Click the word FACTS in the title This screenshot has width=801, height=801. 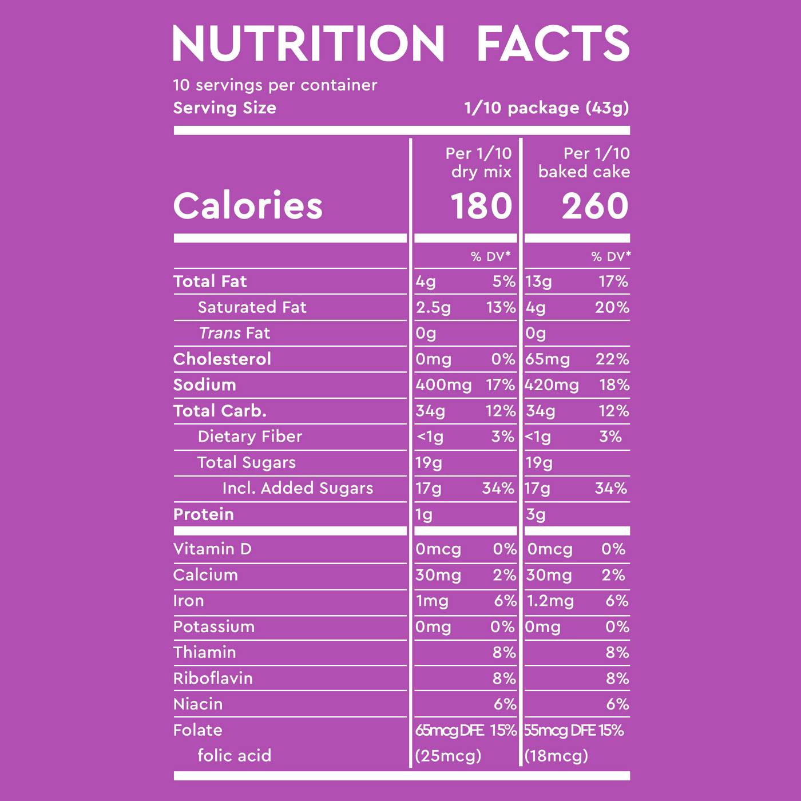[553, 43]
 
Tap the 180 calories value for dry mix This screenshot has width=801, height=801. [481, 206]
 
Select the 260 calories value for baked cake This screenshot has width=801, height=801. [595, 206]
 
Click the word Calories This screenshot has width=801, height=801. [248, 206]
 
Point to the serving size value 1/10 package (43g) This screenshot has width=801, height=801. [546, 108]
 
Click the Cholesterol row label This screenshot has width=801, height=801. [222, 359]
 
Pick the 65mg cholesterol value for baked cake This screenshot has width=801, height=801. [548, 359]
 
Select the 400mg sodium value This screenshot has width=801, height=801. [443, 385]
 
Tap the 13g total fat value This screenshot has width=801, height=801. [539, 281]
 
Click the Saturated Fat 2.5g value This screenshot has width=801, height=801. [433, 308]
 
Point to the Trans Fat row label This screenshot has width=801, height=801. [234, 333]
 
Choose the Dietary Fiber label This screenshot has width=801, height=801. [249, 437]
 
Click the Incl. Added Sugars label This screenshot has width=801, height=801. [298, 488]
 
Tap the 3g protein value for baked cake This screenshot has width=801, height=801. [536, 514]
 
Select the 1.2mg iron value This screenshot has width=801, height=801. [550, 601]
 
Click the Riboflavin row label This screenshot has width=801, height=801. [213, 679]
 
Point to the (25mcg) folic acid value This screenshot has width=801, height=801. [448, 756]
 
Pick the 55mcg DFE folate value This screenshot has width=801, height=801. [560, 731]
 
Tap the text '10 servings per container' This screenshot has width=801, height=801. [275, 85]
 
